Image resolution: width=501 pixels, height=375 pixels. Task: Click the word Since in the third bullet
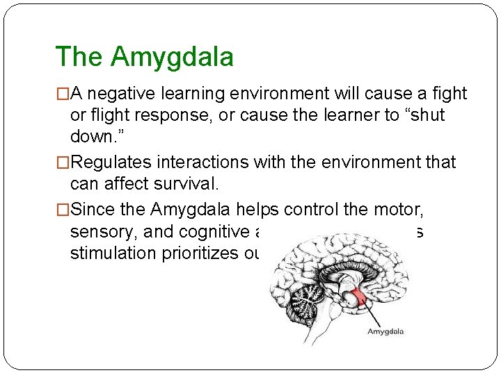tap(91, 210)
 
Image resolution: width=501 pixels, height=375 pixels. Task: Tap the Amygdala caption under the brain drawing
tap(385, 331)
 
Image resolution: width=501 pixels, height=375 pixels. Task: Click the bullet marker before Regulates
tap(63, 162)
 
